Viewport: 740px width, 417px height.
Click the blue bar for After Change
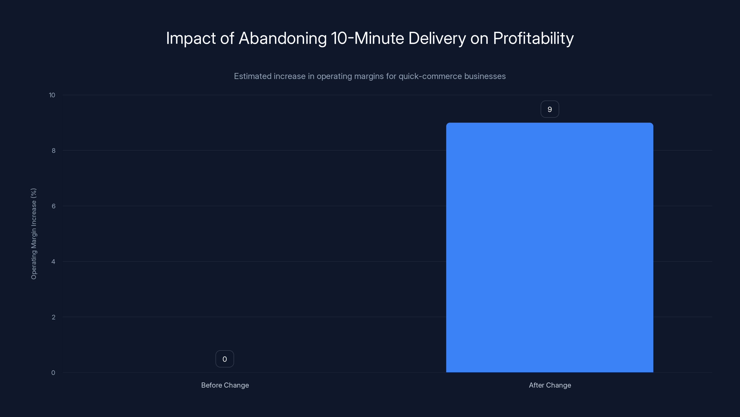(x=549, y=247)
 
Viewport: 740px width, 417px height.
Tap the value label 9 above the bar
(x=549, y=109)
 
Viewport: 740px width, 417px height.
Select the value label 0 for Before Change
(x=225, y=359)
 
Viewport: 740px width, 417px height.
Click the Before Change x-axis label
(x=225, y=385)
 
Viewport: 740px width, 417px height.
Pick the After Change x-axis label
(x=550, y=385)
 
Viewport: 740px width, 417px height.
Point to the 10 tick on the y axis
(x=52, y=95)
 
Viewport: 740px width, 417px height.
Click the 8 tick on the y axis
(x=53, y=151)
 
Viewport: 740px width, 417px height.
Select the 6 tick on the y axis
(x=53, y=206)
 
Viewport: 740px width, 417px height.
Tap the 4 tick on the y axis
(x=53, y=262)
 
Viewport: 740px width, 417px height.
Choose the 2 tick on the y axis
(x=53, y=317)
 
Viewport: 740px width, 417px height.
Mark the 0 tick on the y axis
(x=53, y=373)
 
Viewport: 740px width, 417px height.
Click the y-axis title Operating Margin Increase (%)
(x=34, y=234)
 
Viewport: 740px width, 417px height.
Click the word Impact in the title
(x=191, y=38)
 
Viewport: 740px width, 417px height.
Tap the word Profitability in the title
(x=533, y=38)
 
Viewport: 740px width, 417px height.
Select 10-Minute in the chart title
(x=367, y=38)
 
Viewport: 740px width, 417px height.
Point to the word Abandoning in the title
(x=283, y=38)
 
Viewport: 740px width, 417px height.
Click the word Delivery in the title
(x=437, y=38)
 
